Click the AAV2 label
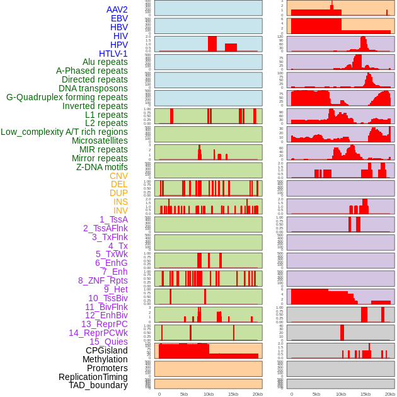(117, 9)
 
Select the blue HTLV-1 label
(113, 54)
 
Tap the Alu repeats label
(105, 62)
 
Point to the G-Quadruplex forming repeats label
(67, 97)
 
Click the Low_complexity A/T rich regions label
(64, 132)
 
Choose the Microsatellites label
(100, 141)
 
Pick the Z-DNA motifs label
(102, 167)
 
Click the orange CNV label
(118, 176)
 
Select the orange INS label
(120, 202)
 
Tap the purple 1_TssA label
(113, 219)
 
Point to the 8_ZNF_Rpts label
(103, 280)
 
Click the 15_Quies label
(108, 342)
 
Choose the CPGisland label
(106, 350)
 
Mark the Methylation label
(105, 359)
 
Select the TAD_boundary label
(98, 385)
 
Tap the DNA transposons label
(93, 88)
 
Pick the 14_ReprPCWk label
(98, 333)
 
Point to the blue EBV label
(119, 18)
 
